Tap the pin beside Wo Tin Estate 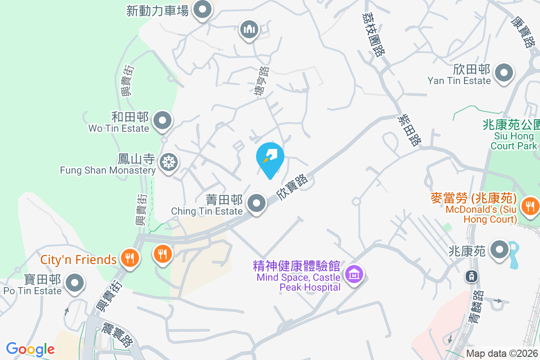click(x=162, y=121)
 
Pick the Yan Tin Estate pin click(x=504, y=72)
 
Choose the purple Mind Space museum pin click(x=354, y=273)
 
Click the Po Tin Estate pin click(x=75, y=283)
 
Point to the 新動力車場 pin click(x=202, y=9)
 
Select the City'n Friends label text click(x=78, y=260)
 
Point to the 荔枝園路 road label click(x=374, y=34)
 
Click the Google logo click(x=30, y=349)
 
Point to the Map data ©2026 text click(x=501, y=354)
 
